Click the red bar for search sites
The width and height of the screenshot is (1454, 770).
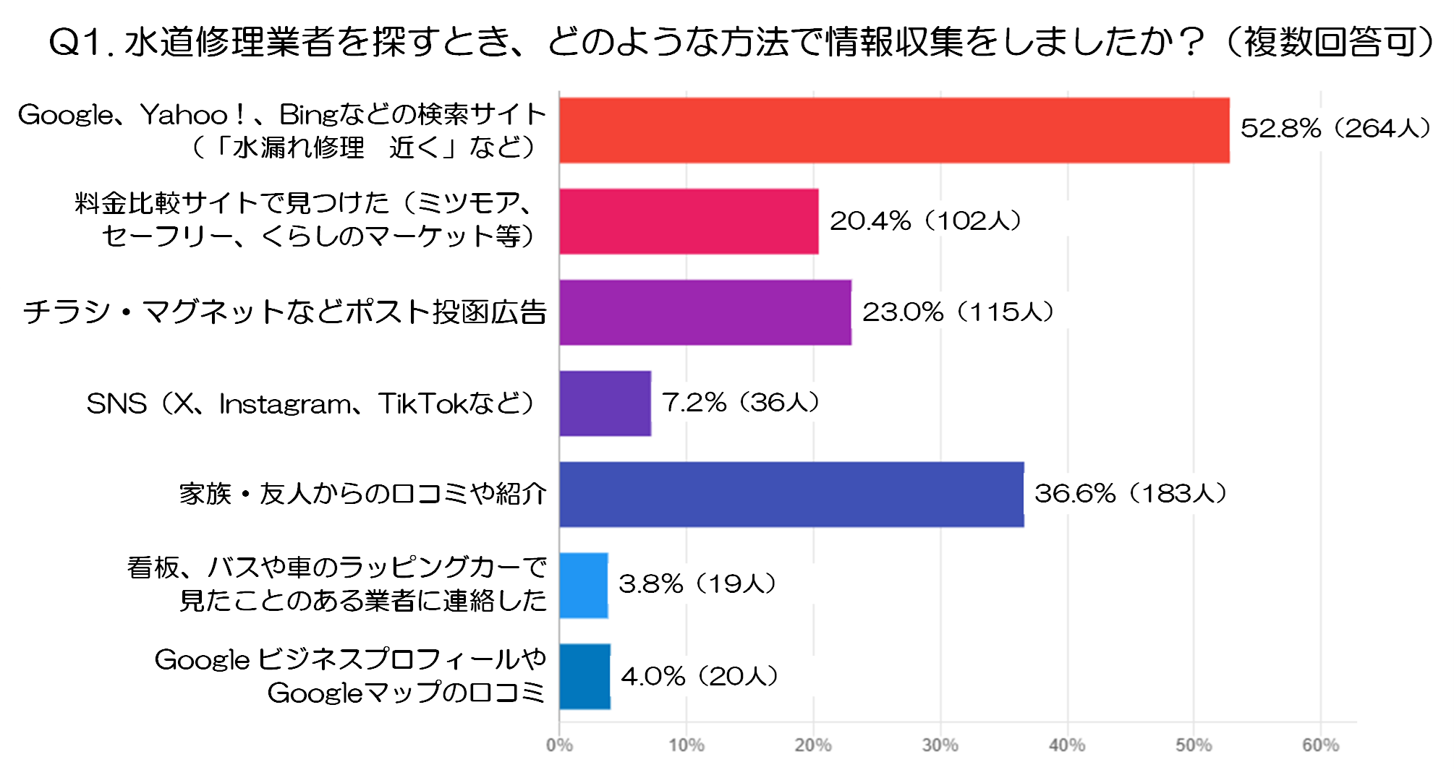pos(894,130)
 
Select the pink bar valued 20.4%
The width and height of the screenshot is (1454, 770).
pos(689,221)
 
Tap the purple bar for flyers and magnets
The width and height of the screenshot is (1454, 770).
pos(705,312)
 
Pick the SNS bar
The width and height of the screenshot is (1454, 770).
pos(605,403)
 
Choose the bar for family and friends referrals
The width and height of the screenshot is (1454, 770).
pos(791,495)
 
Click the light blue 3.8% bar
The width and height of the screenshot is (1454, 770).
pos(583,586)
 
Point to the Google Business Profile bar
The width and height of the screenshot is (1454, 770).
pos(584,677)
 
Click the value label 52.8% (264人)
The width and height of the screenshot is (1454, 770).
pos(1335,129)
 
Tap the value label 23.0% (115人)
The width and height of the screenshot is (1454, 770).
pos(958,312)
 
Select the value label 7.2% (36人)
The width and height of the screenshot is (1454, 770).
pos(741,403)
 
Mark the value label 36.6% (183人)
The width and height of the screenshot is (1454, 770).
pos(1130,494)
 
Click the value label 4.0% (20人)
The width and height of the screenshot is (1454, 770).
pos(699,677)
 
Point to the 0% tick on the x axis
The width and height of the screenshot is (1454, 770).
pos(559,745)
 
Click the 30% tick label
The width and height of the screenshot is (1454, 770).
pos(940,745)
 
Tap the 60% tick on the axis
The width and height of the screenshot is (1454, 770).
pos(1320,745)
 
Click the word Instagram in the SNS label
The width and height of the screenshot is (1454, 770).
pos(285,404)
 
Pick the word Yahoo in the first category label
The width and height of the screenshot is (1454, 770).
pos(184,115)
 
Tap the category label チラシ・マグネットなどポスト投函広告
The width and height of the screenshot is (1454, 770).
pos(284,312)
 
